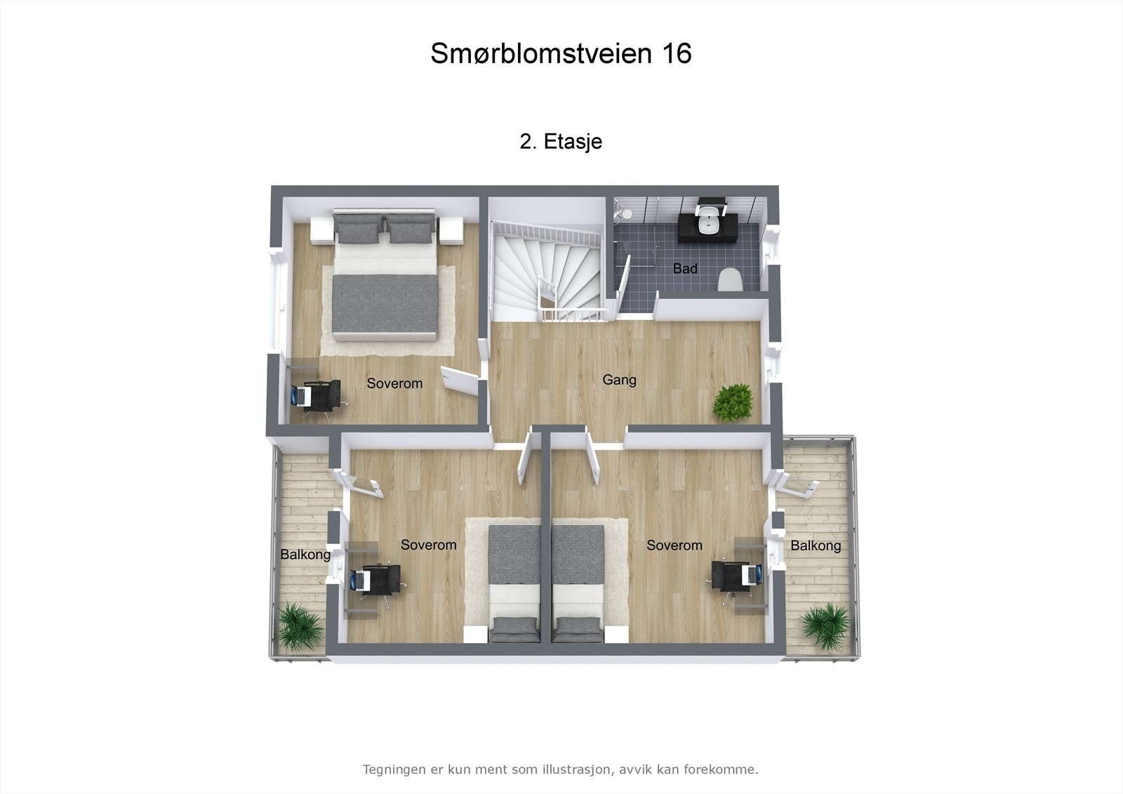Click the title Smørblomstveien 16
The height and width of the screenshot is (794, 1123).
pos(561,53)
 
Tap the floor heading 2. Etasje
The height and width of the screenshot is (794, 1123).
pos(561,142)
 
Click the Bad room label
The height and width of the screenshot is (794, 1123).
pos(685,268)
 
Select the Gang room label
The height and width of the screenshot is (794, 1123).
pos(619,380)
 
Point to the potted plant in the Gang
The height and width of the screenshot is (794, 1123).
pos(733,403)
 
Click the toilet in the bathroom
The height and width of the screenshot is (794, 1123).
pos(730,279)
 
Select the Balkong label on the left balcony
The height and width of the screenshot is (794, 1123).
pos(305,555)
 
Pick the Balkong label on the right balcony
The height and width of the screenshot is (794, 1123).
pos(816,545)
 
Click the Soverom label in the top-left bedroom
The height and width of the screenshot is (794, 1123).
pos(394,383)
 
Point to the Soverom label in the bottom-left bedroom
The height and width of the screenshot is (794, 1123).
pos(428,545)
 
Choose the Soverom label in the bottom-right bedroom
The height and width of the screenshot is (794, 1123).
pos(674,545)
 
